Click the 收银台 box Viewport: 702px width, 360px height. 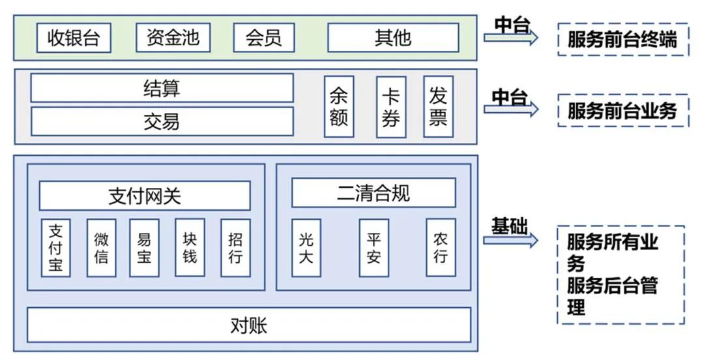[74, 38]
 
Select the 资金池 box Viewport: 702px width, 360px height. [173, 38]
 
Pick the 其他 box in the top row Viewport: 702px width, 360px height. [392, 38]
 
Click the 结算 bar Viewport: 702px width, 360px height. [162, 88]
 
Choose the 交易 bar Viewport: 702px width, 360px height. [162, 121]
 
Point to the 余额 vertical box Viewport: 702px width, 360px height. [339, 107]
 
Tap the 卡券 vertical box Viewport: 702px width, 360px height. [391, 107]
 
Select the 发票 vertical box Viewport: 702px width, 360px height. [438, 107]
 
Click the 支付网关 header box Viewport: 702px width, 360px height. [145, 196]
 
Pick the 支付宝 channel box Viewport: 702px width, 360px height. [55, 248]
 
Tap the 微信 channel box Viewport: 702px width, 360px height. [101, 248]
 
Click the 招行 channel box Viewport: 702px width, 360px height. [235, 248]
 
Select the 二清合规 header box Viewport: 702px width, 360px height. [373, 193]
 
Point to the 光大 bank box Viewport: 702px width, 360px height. [306, 248]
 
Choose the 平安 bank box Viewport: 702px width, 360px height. [373, 248]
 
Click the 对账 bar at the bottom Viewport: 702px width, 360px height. [248, 325]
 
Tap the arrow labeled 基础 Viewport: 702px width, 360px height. [511, 240]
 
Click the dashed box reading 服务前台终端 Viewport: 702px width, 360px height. [622, 40]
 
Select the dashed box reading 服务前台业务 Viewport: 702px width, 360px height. [622, 110]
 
